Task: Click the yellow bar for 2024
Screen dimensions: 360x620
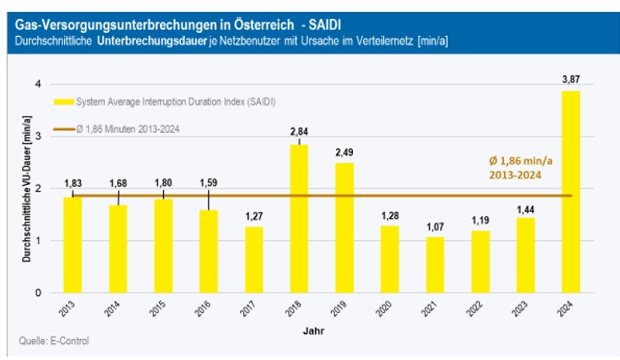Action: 570,192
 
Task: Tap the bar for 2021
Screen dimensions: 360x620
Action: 434,265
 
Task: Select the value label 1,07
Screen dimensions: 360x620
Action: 434,226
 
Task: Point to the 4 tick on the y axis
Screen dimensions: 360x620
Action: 38,85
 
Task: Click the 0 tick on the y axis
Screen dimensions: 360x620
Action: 38,293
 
